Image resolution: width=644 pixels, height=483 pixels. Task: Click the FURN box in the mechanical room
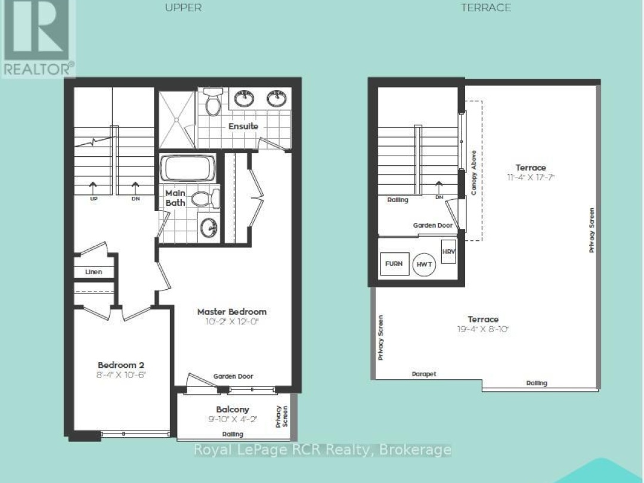click(394, 264)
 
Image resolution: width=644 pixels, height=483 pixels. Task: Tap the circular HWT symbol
click(424, 264)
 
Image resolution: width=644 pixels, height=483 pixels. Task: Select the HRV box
click(448, 251)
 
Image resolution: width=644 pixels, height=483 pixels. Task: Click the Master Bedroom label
click(232, 312)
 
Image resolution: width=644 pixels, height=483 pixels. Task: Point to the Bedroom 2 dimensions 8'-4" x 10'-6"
click(122, 375)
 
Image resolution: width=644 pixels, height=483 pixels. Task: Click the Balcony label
click(233, 410)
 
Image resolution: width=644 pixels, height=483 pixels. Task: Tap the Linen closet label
click(94, 272)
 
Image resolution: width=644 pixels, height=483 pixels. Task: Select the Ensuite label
click(243, 126)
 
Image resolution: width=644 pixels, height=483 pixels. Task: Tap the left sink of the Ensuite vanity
click(244, 97)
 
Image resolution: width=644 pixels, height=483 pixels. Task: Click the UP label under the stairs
click(94, 199)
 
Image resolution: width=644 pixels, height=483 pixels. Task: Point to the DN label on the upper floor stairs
click(135, 199)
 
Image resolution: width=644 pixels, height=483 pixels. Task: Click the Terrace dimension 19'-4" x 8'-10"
click(483, 329)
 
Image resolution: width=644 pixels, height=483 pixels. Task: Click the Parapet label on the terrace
click(424, 374)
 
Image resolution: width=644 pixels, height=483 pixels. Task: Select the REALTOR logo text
click(38, 69)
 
